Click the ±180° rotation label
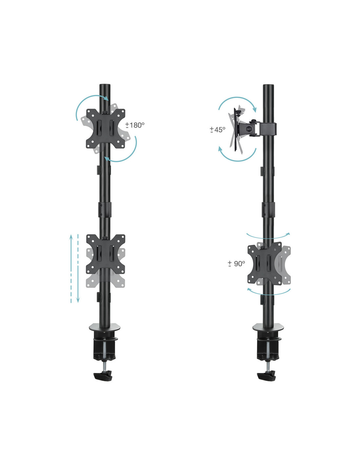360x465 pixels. pyautogui.click(x=135, y=125)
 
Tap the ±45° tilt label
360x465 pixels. pyautogui.click(x=217, y=129)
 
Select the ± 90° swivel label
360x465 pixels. pyautogui.click(x=236, y=264)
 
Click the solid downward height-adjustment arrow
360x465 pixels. pyautogui.click(x=78, y=268)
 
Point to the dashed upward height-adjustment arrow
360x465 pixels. pyautogui.click(x=71, y=268)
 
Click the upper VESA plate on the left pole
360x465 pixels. pyautogui.click(x=106, y=129)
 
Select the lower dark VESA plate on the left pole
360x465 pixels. pyautogui.click(x=106, y=254)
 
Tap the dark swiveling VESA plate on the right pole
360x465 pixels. pyautogui.click(x=265, y=264)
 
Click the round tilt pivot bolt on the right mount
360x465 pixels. pyautogui.click(x=249, y=129)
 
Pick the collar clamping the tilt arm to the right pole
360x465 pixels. pyautogui.click(x=268, y=129)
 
